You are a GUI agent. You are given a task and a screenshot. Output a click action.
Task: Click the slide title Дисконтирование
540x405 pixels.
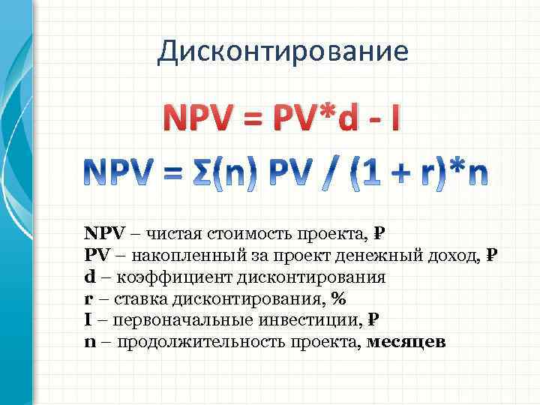click(x=283, y=50)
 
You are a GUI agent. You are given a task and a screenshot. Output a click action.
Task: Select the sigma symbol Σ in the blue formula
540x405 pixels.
click(x=229, y=173)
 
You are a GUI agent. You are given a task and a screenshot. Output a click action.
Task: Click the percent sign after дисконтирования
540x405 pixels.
click(x=338, y=298)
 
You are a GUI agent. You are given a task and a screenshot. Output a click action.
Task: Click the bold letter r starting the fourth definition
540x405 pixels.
click(x=88, y=298)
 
